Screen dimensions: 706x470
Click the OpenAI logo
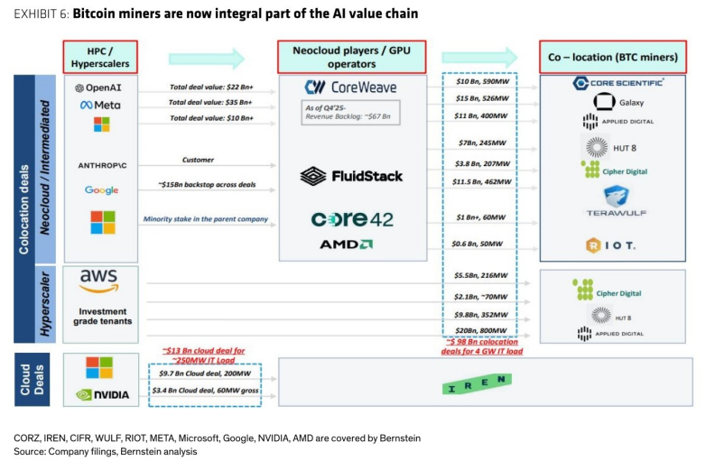98,88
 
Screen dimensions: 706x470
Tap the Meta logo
100,106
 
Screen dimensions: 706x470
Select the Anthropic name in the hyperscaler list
102,165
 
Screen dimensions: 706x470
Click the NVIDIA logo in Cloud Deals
102,395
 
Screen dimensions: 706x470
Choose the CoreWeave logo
351,88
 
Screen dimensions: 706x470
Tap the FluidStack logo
351,176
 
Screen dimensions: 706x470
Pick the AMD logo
346,244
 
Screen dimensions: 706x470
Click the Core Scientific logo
618,83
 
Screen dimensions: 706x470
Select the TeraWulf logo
616,201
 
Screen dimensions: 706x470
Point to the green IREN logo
477,383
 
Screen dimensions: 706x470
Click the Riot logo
610,245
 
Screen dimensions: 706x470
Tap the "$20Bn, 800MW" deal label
481,330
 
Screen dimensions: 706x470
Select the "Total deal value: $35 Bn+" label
210,103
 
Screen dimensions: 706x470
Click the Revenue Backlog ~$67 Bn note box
350,113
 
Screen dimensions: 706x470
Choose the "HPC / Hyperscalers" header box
100,57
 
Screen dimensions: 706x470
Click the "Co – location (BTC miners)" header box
613,57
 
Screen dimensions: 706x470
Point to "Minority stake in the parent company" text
205,219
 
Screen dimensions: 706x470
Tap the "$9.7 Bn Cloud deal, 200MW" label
205,373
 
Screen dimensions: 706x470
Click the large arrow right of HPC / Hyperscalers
207,59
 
